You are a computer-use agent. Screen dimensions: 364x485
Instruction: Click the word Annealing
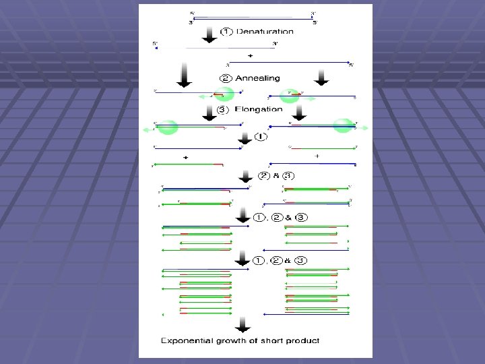tap(257, 78)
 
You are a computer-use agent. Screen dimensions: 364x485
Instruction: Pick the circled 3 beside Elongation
tap(224, 109)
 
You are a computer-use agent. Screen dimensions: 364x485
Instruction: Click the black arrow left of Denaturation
tap(209, 34)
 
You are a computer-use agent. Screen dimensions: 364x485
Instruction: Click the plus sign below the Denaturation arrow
tap(250, 54)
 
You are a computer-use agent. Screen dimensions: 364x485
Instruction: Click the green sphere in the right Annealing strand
tap(290, 96)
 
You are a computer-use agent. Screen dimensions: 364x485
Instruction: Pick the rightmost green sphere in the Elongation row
tap(343, 125)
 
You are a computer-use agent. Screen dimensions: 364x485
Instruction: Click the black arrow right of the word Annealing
tap(321, 78)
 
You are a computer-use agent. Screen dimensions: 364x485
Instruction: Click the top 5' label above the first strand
tap(192, 13)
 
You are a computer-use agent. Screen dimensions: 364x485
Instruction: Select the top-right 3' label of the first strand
tap(313, 13)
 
